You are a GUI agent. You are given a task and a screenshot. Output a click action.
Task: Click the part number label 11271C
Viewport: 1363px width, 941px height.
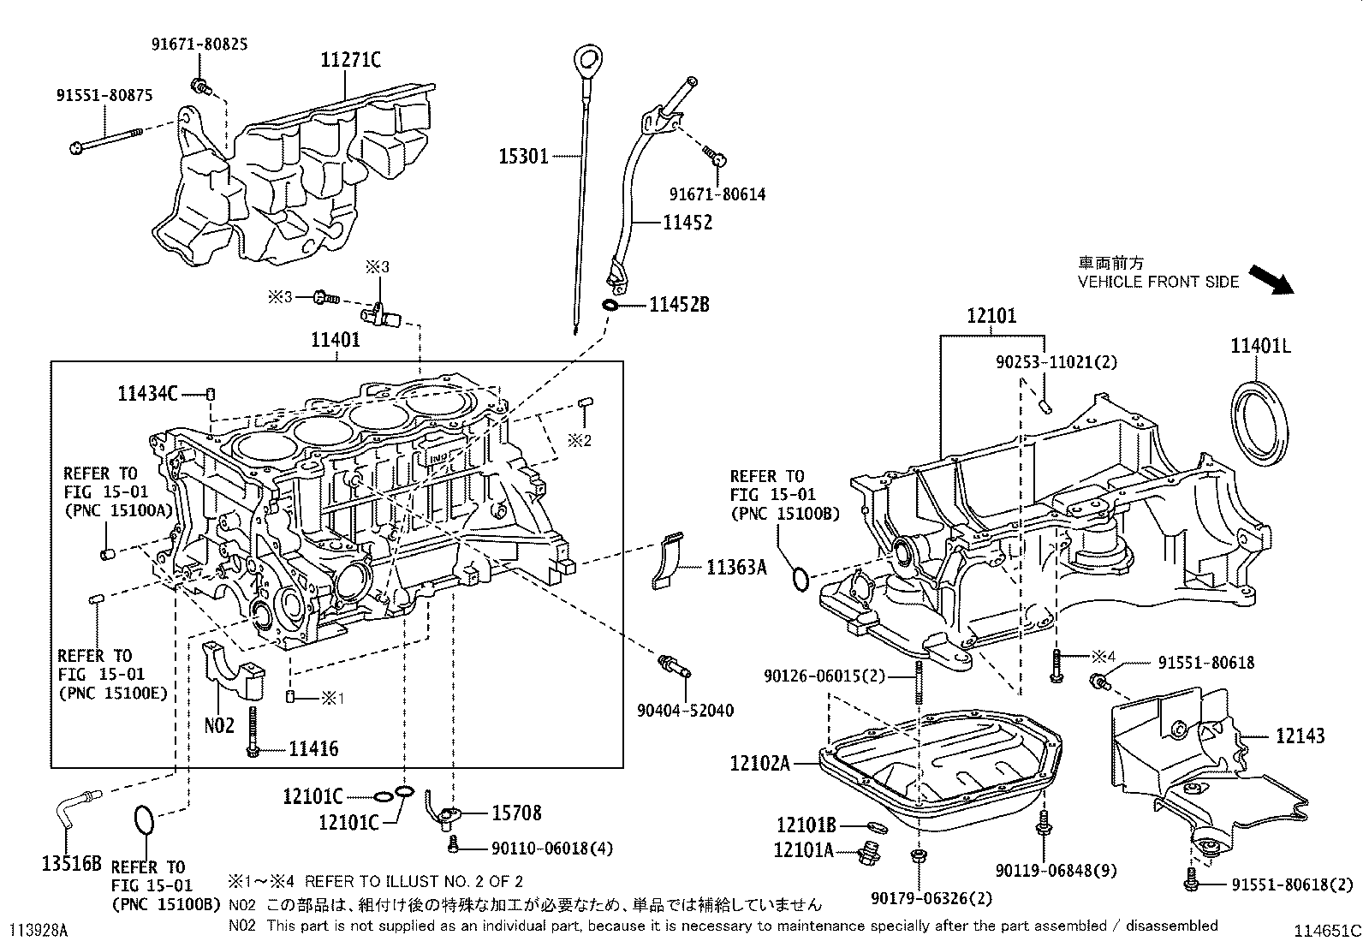tap(350, 60)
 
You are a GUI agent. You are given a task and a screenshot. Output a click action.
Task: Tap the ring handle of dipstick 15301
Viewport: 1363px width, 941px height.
tap(586, 60)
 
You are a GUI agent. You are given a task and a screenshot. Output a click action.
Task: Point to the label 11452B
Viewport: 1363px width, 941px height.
tap(679, 305)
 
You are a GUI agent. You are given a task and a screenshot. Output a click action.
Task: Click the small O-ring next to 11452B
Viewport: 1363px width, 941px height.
tap(610, 305)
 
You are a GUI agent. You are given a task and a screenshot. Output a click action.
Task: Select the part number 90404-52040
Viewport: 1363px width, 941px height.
tap(685, 711)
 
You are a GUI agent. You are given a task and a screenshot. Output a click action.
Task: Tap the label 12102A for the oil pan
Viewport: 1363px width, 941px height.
tap(760, 762)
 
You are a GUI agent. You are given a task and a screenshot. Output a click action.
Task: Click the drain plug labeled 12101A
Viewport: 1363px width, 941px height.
tap(870, 854)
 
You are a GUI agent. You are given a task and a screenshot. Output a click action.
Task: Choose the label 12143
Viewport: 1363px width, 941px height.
tap(1300, 736)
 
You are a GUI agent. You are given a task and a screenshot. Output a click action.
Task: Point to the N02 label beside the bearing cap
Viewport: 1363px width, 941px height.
tap(218, 726)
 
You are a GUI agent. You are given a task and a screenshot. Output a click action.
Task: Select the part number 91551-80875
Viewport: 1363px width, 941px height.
tap(111, 96)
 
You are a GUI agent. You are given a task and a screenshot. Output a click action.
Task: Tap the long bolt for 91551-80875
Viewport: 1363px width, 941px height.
tap(107, 140)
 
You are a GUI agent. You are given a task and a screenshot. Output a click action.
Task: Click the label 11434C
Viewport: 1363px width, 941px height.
tap(148, 394)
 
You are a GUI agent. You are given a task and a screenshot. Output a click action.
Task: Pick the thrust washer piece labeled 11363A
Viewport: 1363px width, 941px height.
tap(668, 563)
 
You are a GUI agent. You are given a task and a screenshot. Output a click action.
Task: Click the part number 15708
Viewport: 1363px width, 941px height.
tap(516, 813)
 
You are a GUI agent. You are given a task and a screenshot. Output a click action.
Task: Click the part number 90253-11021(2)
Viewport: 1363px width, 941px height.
tap(1056, 362)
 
